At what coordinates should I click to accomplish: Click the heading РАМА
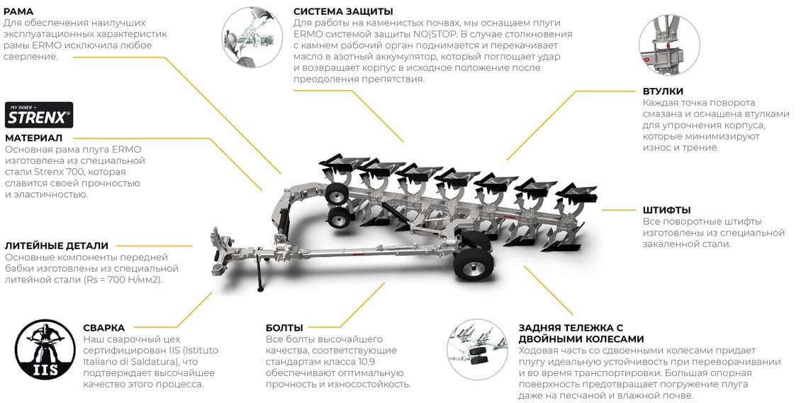tap(19, 11)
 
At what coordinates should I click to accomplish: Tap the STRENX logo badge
tap(39, 115)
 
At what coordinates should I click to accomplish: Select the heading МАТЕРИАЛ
tap(34, 138)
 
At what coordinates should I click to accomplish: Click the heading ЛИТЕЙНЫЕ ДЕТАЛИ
tap(56, 245)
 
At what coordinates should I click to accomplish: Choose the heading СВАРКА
tap(103, 328)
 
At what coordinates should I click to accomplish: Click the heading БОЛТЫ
tap(284, 328)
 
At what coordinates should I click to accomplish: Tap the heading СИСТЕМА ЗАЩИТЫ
tap(343, 11)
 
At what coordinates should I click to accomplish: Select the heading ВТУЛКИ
tap(663, 92)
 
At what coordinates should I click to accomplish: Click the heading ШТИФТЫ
tap(666, 210)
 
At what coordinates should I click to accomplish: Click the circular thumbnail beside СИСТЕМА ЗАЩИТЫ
tap(252, 38)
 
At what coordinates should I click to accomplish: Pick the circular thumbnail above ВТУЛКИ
tap(669, 45)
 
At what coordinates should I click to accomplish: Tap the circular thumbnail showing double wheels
tap(477, 349)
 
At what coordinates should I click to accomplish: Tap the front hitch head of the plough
tap(220, 251)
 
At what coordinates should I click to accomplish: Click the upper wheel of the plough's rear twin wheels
tap(337, 193)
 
